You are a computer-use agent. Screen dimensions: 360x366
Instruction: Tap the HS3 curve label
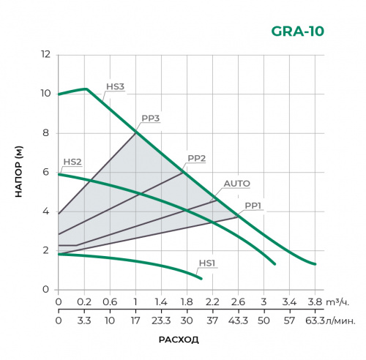(x=115, y=86)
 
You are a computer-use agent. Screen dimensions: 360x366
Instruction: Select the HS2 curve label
(x=72, y=162)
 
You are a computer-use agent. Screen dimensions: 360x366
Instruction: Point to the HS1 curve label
(x=208, y=262)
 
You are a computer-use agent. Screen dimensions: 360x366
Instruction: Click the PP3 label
(x=151, y=119)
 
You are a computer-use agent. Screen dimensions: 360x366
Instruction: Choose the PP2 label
(x=196, y=158)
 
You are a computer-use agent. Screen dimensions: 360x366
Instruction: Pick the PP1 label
(x=253, y=206)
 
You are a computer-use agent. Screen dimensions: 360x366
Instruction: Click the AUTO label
(x=236, y=183)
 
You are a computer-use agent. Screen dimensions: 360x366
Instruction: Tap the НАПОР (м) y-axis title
(x=20, y=173)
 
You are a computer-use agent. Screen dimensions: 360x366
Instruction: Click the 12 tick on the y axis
(x=45, y=55)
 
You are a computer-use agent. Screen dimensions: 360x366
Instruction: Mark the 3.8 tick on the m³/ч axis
(x=315, y=301)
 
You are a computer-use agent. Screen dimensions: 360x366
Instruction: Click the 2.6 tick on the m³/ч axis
(x=238, y=301)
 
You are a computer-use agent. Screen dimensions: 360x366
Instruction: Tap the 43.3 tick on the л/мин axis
(x=238, y=320)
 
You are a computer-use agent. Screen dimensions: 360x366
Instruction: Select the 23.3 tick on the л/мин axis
(x=161, y=320)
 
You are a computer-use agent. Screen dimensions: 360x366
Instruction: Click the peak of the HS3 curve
(x=86, y=89)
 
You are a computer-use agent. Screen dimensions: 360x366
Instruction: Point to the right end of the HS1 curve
(x=201, y=279)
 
